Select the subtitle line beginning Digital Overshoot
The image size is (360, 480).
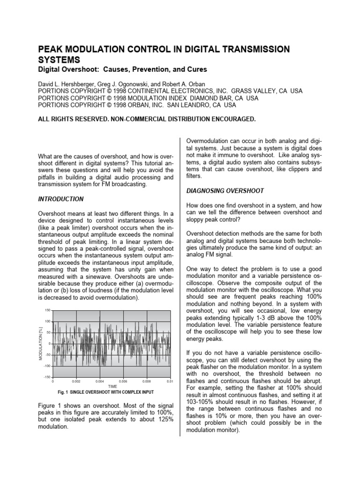click(x=122, y=69)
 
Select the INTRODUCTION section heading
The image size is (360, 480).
click(x=60, y=199)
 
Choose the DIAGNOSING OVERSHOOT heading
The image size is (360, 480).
click(x=225, y=191)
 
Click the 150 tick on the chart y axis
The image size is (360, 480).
click(x=47, y=310)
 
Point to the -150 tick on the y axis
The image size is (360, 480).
click(x=47, y=377)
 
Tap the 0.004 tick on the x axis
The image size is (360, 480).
click(x=99, y=382)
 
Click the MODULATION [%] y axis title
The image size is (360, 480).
click(x=40, y=344)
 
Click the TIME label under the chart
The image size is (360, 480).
click(x=112, y=387)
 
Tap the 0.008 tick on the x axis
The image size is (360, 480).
click(x=146, y=382)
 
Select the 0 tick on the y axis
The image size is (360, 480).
click(x=50, y=344)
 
